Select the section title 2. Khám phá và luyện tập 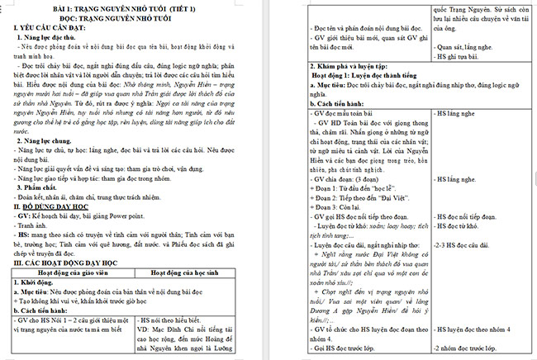pyautogui.click(x=359, y=64)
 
